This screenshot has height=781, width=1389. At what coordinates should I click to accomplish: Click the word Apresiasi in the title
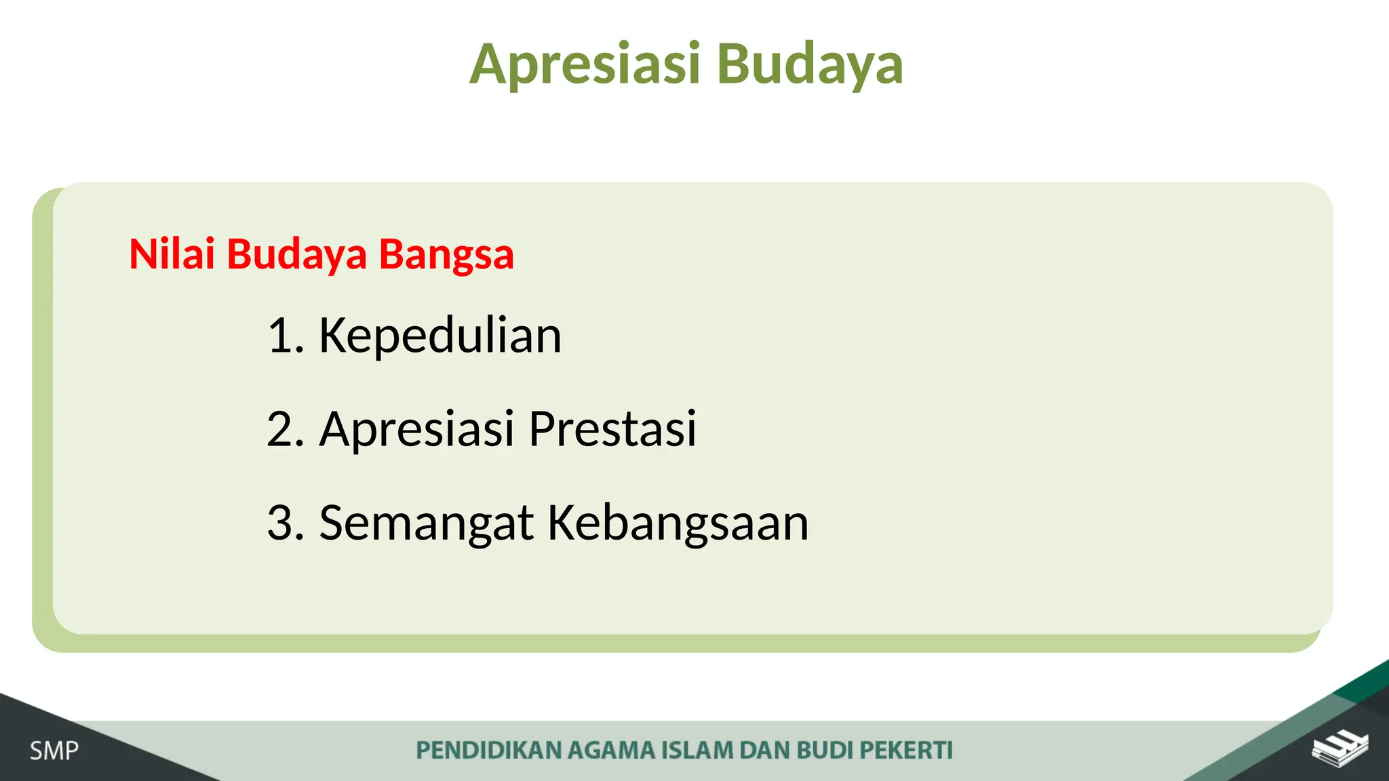[x=585, y=64]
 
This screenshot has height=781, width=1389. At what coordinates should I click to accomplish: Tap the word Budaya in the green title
[x=810, y=64]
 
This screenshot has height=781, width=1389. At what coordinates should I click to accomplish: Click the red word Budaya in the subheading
[x=296, y=254]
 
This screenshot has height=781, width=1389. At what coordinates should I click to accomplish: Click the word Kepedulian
[x=440, y=335]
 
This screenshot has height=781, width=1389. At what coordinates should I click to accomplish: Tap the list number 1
[x=283, y=335]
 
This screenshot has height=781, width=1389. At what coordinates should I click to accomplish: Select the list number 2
[x=283, y=428]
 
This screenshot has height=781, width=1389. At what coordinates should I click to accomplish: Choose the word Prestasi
[x=612, y=428]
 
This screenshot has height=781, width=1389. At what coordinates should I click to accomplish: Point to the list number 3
[x=283, y=523]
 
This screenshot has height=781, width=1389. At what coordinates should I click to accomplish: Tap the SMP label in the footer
[x=54, y=751]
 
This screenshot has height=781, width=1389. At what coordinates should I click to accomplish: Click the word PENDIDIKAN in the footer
[x=488, y=750]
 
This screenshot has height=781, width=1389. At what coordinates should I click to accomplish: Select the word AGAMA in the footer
[x=611, y=750]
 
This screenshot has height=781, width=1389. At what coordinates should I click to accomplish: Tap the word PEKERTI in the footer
[x=906, y=750]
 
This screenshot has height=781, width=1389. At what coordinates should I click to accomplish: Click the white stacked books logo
[x=1339, y=749]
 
